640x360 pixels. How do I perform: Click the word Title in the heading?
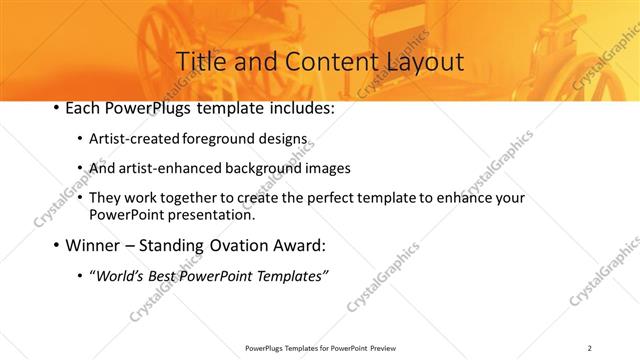coord(201,61)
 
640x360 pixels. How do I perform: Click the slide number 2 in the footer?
coord(590,348)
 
